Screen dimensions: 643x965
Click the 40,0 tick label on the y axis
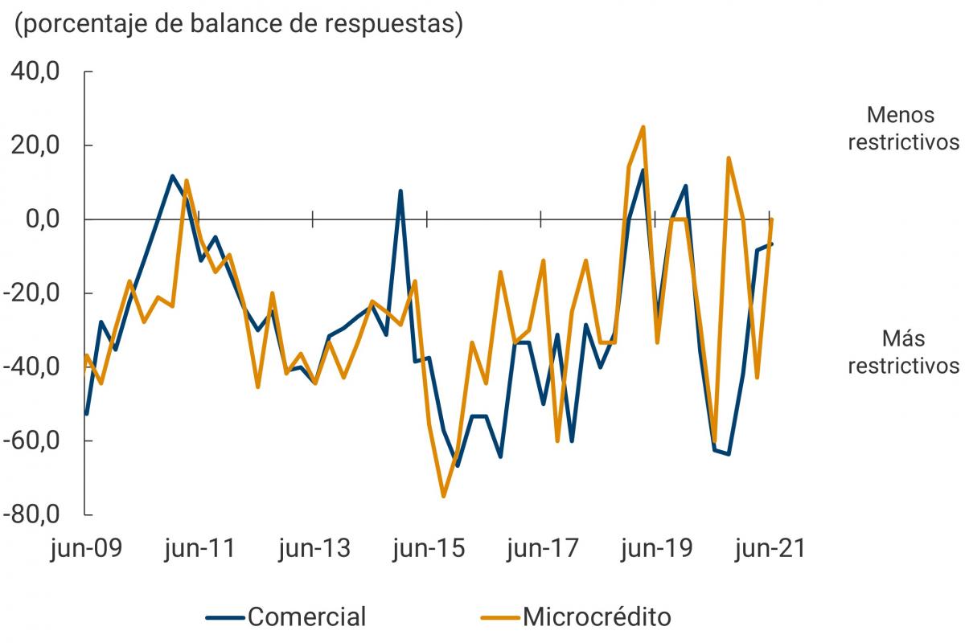35,72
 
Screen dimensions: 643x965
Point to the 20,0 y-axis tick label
35,145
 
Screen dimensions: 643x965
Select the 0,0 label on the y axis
40,219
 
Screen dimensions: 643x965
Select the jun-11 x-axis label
199,549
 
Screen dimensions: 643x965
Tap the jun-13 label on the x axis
314,549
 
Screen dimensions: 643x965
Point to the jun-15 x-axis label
428,549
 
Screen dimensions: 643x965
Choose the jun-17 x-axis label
542,549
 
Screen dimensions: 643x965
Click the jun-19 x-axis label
656,549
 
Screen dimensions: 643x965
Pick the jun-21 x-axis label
770,549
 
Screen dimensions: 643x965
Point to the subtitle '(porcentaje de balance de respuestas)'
239,24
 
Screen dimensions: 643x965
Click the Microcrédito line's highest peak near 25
643,127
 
